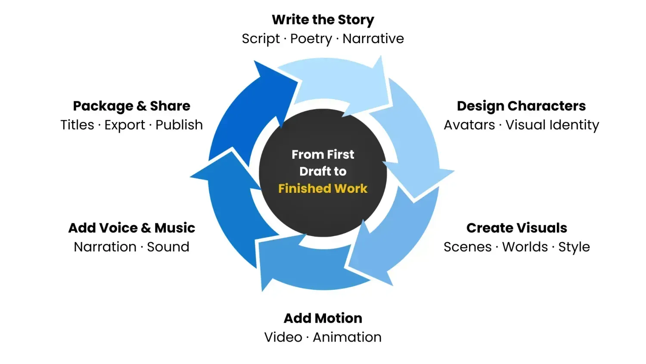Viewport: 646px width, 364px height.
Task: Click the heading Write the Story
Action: pos(323,20)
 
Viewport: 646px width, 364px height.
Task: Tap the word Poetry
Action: pos(311,39)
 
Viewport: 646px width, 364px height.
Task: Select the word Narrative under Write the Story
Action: pos(373,39)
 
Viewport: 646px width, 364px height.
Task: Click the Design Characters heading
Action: pos(521,106)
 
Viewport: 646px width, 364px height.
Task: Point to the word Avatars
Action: pos(469,125)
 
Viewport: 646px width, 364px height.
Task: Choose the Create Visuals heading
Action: pos(516,228)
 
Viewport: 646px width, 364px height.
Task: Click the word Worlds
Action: pos(525,247)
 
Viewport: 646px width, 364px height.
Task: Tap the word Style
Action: pos(574,247)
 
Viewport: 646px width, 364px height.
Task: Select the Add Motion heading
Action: pos(323,318)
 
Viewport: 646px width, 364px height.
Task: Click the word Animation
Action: pos(347,337)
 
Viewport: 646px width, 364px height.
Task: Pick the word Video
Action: pos(283,337)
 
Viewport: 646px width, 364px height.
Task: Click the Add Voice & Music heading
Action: pos(132,228)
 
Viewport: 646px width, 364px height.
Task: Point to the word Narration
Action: pos(105,247)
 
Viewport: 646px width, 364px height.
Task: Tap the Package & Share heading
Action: pos(131,106)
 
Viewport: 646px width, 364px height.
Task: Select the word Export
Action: pos(124,125)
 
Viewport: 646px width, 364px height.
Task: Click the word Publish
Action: pos(179,125)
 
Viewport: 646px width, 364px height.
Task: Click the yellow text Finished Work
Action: pos(323,188)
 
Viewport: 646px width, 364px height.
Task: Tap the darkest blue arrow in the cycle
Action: pos(250,112)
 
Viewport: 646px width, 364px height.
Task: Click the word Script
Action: pos(261,39)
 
